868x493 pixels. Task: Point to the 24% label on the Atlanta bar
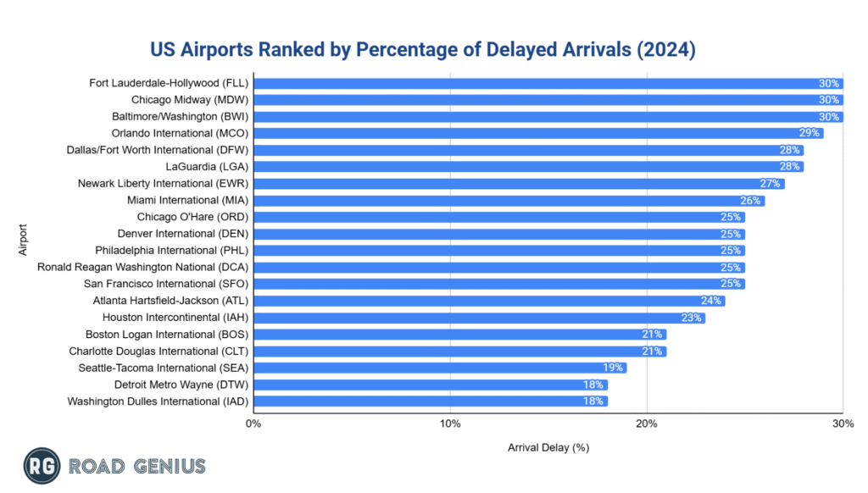point(711,301)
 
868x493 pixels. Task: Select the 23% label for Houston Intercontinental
point(692,318)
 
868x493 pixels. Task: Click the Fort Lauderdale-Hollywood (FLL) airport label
point(168,83)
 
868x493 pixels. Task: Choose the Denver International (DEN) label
point(181,234)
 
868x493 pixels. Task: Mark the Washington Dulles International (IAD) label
point(158,402)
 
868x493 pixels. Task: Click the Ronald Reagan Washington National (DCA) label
point(142,267)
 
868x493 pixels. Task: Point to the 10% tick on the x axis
point(450,423)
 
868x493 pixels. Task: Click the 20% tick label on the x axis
point(647,423)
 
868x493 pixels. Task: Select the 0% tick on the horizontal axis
point(253,423)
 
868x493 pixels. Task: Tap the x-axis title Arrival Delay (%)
point(548,446)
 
